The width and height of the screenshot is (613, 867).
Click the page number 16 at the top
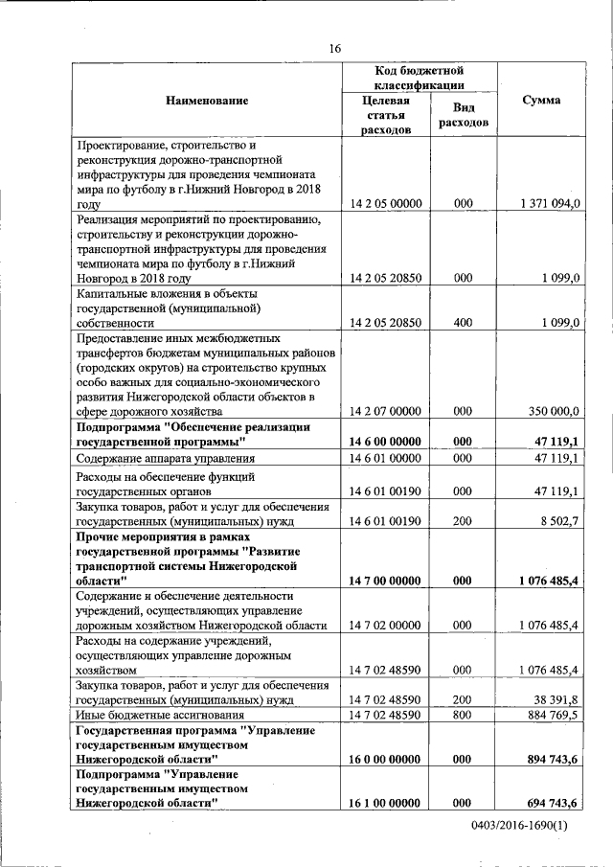click(x=333, y=49)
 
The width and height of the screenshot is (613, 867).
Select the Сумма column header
click(x=541, y=101)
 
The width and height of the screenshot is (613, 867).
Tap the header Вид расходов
click(x=464, y=116)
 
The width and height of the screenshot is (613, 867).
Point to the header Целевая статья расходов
click(x=387, y=115)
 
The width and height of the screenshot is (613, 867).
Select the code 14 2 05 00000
click(x=387, y=204)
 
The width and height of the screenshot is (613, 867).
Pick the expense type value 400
click(x=464, y=323)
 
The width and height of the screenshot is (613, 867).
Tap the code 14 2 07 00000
click(x=387, y=411)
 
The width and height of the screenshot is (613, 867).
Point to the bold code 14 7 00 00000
click(x=387, y=581)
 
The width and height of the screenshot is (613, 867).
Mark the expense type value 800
click(x=464, y=715)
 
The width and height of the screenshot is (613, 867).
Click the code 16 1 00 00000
click(x=387, y=802)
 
